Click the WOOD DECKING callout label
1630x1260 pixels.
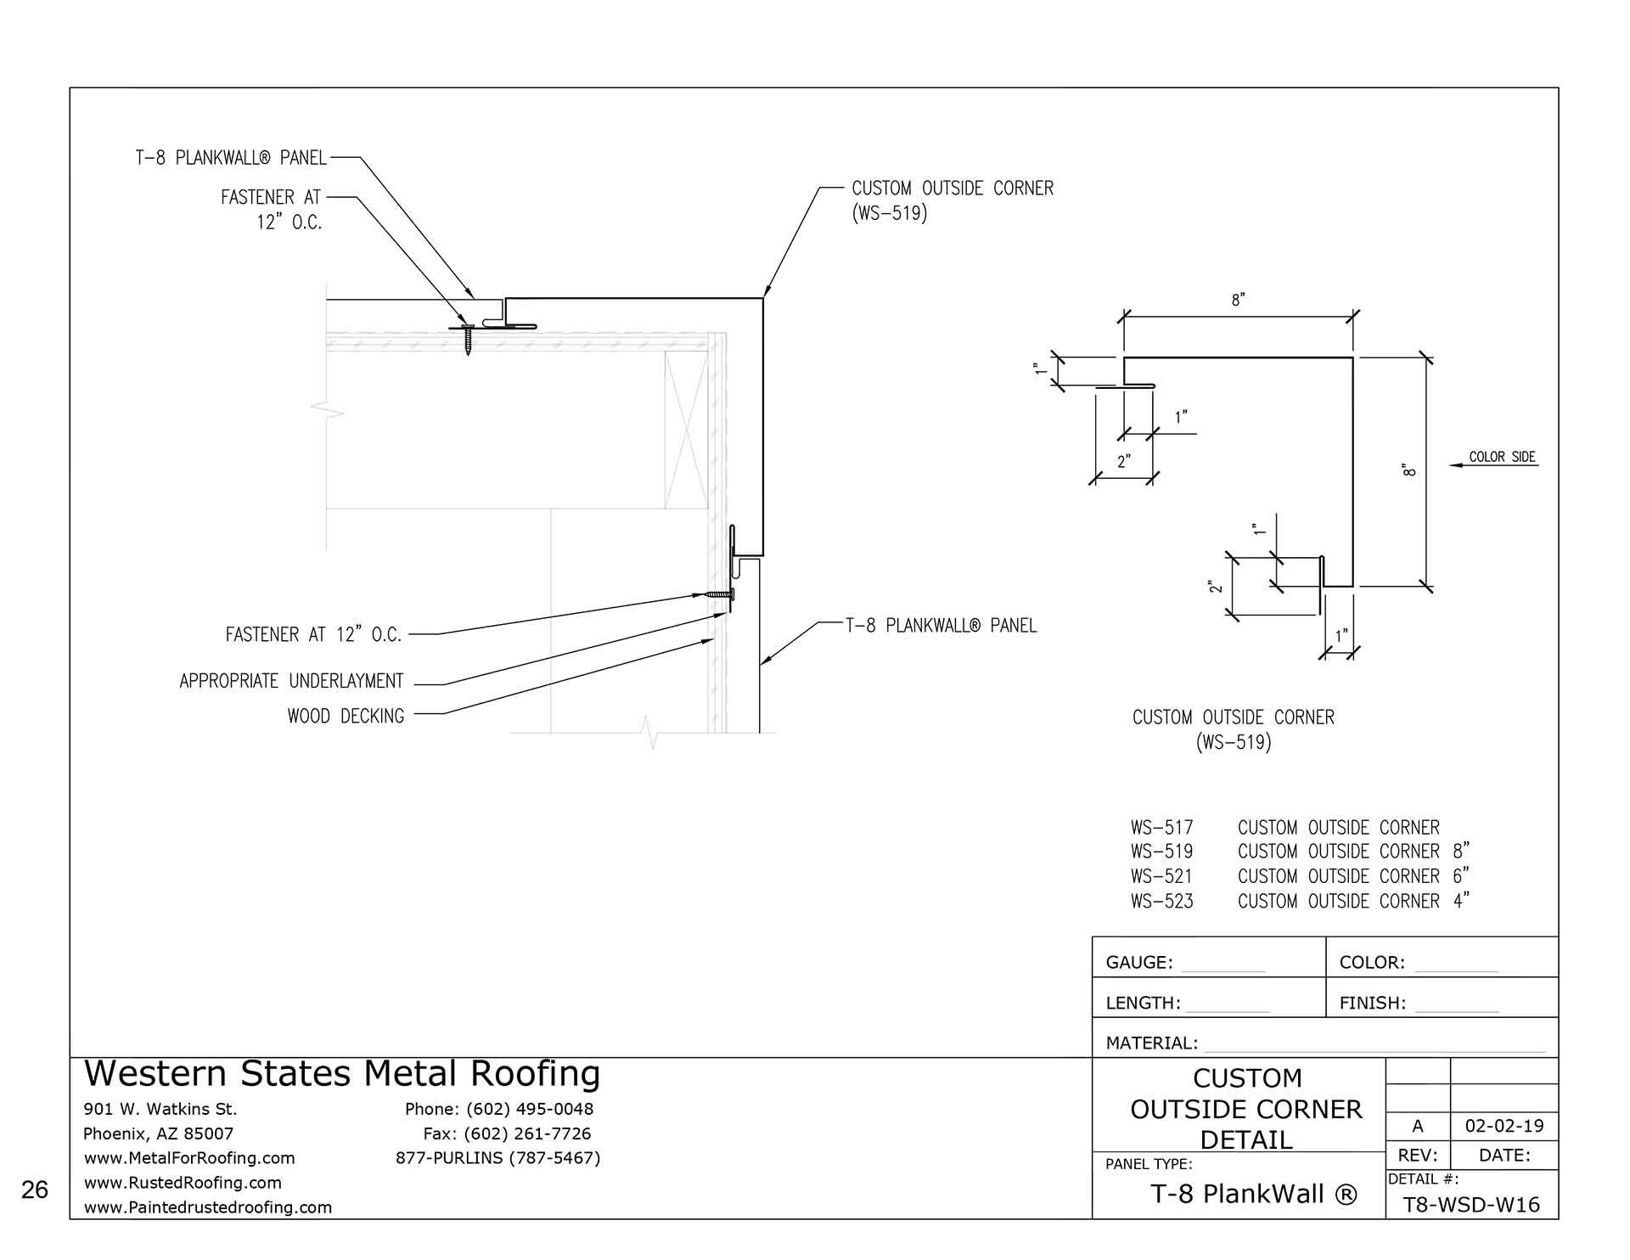click(x=346, y=716)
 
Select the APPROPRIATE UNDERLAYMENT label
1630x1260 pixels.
click(x=291, y=681)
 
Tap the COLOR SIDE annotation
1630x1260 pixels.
click(x=1502, y=457)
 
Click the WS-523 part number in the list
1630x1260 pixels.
click(x=1161, y=902)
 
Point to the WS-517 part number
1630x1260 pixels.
click(x=1161, y=827)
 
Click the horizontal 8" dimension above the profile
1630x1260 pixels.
click(x=1238, y=301)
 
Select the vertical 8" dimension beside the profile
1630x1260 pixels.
click(x=1410, y=470)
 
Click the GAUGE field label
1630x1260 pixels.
click(x=1138, y=962)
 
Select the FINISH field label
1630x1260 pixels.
click(x=1372, y=1003)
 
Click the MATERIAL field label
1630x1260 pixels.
click(x=1151, y=1043)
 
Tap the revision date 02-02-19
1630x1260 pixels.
click(x=1504, y=1126)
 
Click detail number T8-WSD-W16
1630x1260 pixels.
click(x=1471, y=1205)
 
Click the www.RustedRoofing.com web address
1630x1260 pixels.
click(x=183, y=1183)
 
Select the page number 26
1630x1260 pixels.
click(x=35, y=1190)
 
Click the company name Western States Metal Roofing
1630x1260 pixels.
click(x=342, y=1074)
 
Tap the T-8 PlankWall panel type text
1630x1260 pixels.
click(x=1253, y=1195)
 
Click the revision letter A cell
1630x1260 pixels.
click(x=1417, y=1126)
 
